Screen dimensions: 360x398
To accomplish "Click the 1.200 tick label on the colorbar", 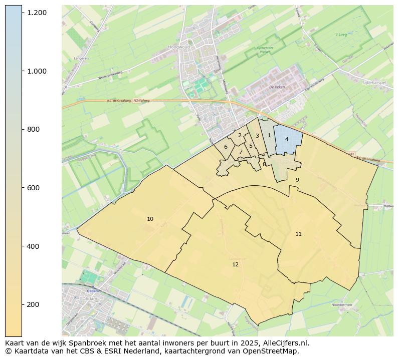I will pyautogui.click(x=37, y=12).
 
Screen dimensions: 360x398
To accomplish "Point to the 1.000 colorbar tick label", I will pyautogui.click(x=37, y=71).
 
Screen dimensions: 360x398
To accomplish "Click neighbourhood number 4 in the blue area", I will pyautogui.click(x=287, y=139).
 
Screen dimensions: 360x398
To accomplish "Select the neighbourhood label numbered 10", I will pyautogui.click(x=150, y=219).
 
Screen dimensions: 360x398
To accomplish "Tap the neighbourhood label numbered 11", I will pyautogui.click(x=298, y=234).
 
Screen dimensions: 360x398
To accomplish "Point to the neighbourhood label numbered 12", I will pyautogui.click(x=235, y=264).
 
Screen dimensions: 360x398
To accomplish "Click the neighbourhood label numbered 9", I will pyautogui.click(x=297, y=180).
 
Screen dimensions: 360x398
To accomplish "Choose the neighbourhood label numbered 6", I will pyautogui.click(x=226, y=147).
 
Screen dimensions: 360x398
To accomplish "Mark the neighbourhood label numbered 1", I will pyautogui.click(x=269, y=135).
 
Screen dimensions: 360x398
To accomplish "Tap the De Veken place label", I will pyautogui.click(x=277, y=87).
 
